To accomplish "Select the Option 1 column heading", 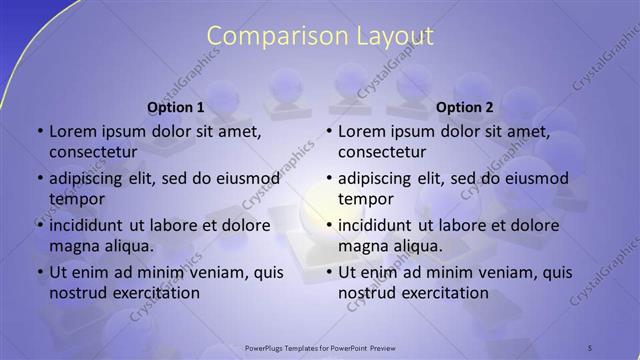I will coord(176,107).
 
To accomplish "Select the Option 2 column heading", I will coord(465,107).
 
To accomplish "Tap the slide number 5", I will coord(590,347).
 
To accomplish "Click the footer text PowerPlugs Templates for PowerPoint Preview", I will coord(320,347).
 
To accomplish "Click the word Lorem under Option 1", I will coord(71,131).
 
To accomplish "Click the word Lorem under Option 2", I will coord(360,131).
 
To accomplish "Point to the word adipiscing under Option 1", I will coord(92,178).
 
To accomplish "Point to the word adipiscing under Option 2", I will coord(381,178).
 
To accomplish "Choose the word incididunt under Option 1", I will coord(91,225).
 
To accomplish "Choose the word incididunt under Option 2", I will coord(380,225).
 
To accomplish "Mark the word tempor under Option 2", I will coord(366,199).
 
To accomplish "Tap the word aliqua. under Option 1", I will coord(125,246).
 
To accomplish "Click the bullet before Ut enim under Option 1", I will coord(39,272).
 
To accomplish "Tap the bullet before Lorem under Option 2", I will coord(328,131).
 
